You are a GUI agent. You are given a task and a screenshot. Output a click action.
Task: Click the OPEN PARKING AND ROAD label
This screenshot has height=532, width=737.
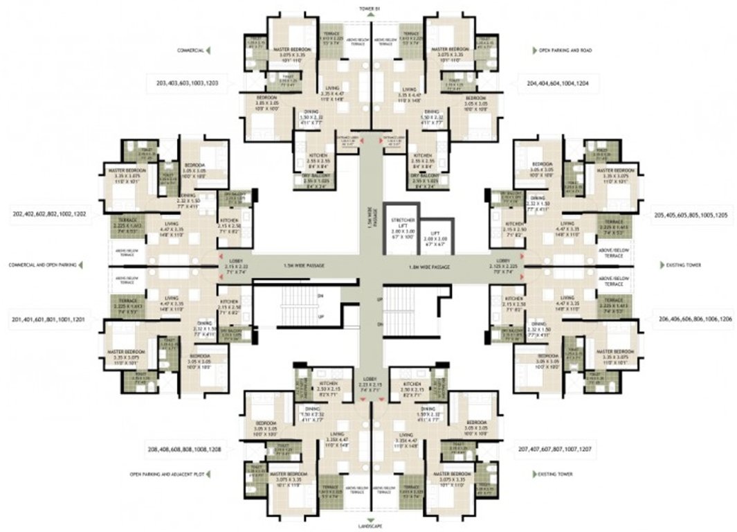point(567,51)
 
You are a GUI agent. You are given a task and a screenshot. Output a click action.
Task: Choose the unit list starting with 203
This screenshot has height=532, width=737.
point(188,82)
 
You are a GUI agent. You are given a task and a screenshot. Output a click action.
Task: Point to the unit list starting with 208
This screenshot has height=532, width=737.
point(183,449)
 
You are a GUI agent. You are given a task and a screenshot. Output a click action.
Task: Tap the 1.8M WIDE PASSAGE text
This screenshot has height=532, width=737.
point(430,266)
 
